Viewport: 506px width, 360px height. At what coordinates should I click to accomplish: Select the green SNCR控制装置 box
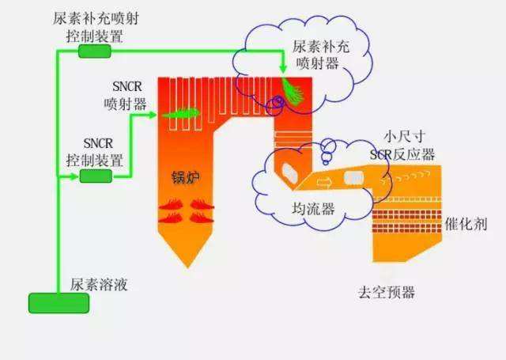click(x=96, y=176)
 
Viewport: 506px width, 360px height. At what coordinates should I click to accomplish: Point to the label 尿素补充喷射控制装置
click(x=89, y=27)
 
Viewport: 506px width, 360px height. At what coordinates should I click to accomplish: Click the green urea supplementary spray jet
click(x=291, y=89)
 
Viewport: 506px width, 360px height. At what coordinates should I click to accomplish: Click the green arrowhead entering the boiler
click(x=151, y=115)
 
